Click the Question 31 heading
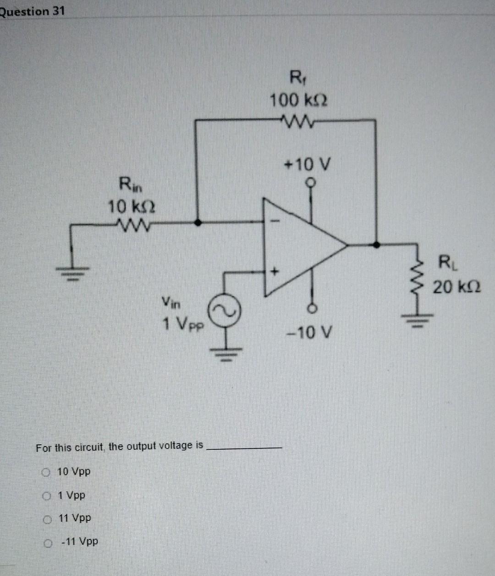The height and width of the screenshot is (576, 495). pyautogui.click(x=32, y=11)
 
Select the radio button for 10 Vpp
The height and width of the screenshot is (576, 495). pyautogui.click(x=46, y=471)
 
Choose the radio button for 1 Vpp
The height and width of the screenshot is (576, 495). pyautogui.click(x=47, y=496)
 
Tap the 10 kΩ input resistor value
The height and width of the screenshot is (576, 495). pyautogui.click(x=131, y=207)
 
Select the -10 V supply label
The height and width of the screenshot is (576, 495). pyautogui.click(x=307, y=331)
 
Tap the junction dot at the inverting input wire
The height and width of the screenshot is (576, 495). pyautogui.click(x=198, y=222)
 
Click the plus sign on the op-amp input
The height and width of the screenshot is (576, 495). pyautogui.click(x=274, y=272)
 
